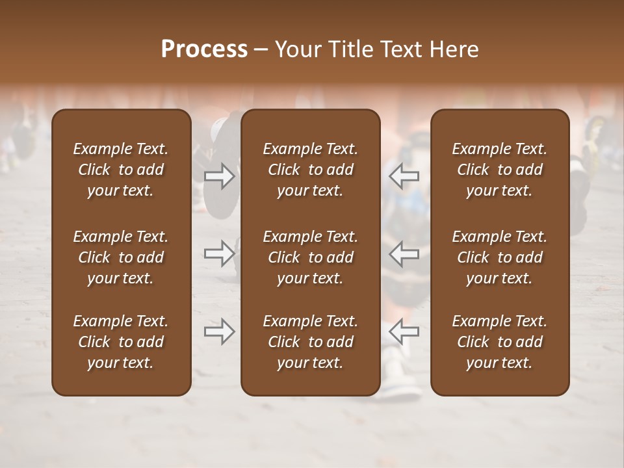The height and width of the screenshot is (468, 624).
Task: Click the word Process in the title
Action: [204, 49]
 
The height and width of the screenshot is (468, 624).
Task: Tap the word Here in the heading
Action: [454, 49]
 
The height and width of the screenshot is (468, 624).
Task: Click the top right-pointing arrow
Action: [220, 175]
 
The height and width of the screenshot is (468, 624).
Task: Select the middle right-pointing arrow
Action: [220, 253]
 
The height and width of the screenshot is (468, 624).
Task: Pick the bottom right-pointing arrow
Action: [220, 331]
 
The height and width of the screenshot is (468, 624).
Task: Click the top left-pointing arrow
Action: [404, 175]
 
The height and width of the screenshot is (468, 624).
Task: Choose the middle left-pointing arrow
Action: [404, 253]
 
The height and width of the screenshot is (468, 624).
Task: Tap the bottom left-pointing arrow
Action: [404, 331]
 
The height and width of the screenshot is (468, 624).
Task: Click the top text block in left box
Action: [121, 170]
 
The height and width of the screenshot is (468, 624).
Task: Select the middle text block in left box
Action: [121, 257]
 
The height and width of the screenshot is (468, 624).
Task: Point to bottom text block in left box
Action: [121, 342]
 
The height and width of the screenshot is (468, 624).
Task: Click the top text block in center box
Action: [310, 170]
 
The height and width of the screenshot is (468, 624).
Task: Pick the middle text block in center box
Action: [310, 257]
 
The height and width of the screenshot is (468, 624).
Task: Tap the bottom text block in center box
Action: [310, 342]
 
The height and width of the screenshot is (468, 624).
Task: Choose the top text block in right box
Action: [499, 170]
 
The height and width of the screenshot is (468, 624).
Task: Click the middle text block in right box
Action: [499, 257]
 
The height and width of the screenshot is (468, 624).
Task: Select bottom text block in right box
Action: [499, 342]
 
